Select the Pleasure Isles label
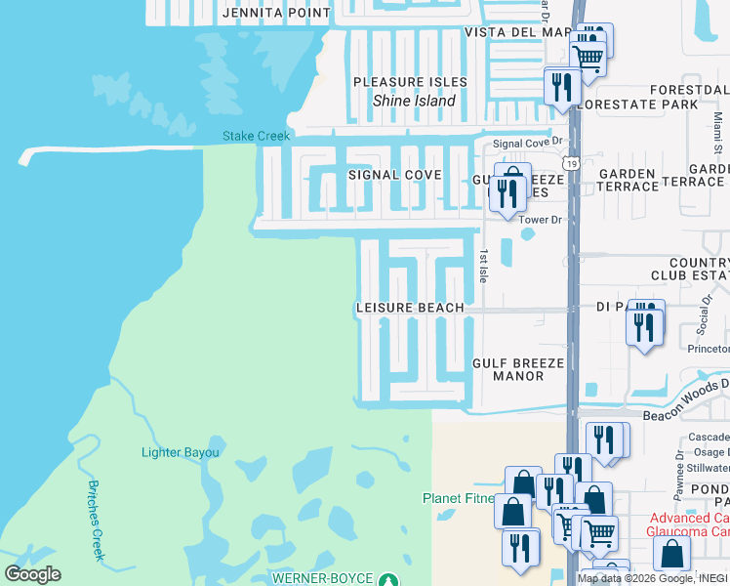coord(410,82)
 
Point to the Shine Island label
coord(415,101)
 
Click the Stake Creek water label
coord(256,136)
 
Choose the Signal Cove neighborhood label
coord(395,175)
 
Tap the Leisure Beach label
coord(410,308)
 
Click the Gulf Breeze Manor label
coord(518,369)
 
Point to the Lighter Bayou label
coord(181,452)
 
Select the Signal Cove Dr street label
coord(528,143)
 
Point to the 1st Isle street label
coord(482,265)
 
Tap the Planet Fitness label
coord(459,498)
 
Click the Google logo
coord(32,574)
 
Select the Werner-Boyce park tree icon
coord(387,578)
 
